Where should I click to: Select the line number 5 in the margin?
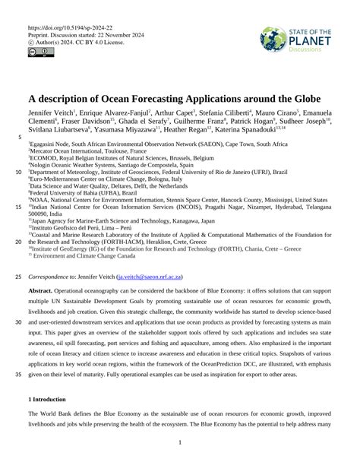pyautogui.click(x=18, y=138)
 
